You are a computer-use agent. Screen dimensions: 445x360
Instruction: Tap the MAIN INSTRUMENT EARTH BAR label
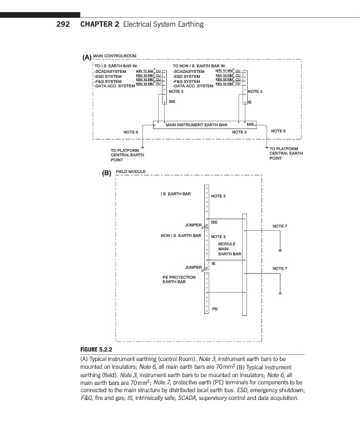point(196,125)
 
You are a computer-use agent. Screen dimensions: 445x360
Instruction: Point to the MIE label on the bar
point(250,124)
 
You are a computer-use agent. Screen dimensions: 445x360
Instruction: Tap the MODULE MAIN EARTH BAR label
point(229,249)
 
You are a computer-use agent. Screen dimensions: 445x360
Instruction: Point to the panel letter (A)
point(86,57)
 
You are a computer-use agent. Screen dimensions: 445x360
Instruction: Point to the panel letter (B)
point(107,173)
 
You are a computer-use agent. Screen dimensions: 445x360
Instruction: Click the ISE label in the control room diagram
point(172,102)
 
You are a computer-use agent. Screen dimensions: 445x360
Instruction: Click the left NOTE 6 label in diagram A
point(130,132)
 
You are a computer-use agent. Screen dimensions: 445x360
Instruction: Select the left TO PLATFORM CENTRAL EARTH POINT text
point(127,154)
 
